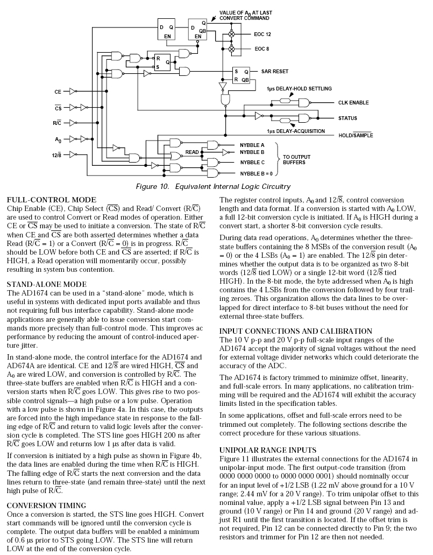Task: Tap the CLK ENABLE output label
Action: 353,102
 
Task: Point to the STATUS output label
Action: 348,118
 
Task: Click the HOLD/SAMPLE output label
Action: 355,135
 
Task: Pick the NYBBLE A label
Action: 252,145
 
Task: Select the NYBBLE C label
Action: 252,162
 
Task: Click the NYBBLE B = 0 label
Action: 257,173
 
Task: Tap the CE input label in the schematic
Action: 58,92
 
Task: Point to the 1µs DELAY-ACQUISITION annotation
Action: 295,131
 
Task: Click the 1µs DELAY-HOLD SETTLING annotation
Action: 299,88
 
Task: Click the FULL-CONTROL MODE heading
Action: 51,200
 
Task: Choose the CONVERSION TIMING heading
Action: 46,505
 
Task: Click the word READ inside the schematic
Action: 192,152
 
